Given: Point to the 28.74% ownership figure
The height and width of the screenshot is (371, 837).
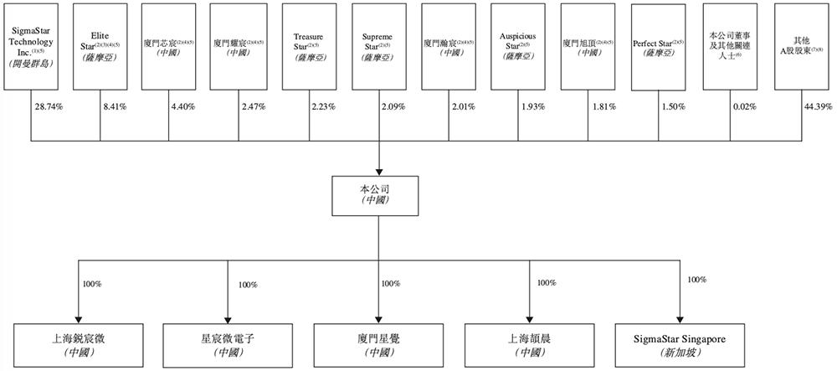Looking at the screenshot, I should pyautogui.click(x=47, y=108).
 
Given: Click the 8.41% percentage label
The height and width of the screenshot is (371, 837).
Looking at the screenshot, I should pyautogui.click(x=116, y=108).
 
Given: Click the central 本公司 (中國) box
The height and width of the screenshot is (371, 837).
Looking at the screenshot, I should pyautogui.click(x=381, y=195).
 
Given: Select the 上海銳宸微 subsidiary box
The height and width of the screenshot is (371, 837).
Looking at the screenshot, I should pyautogui.click(x=77, y=344).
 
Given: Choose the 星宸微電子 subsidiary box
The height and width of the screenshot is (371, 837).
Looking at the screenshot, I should pyautogui.click(x=228, y=344).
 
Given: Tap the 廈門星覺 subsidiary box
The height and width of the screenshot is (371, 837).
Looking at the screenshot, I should pyautogui.click(x=381, y=344).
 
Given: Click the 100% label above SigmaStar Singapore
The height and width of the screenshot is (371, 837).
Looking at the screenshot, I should pyautogui.click(x=697, y=279).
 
